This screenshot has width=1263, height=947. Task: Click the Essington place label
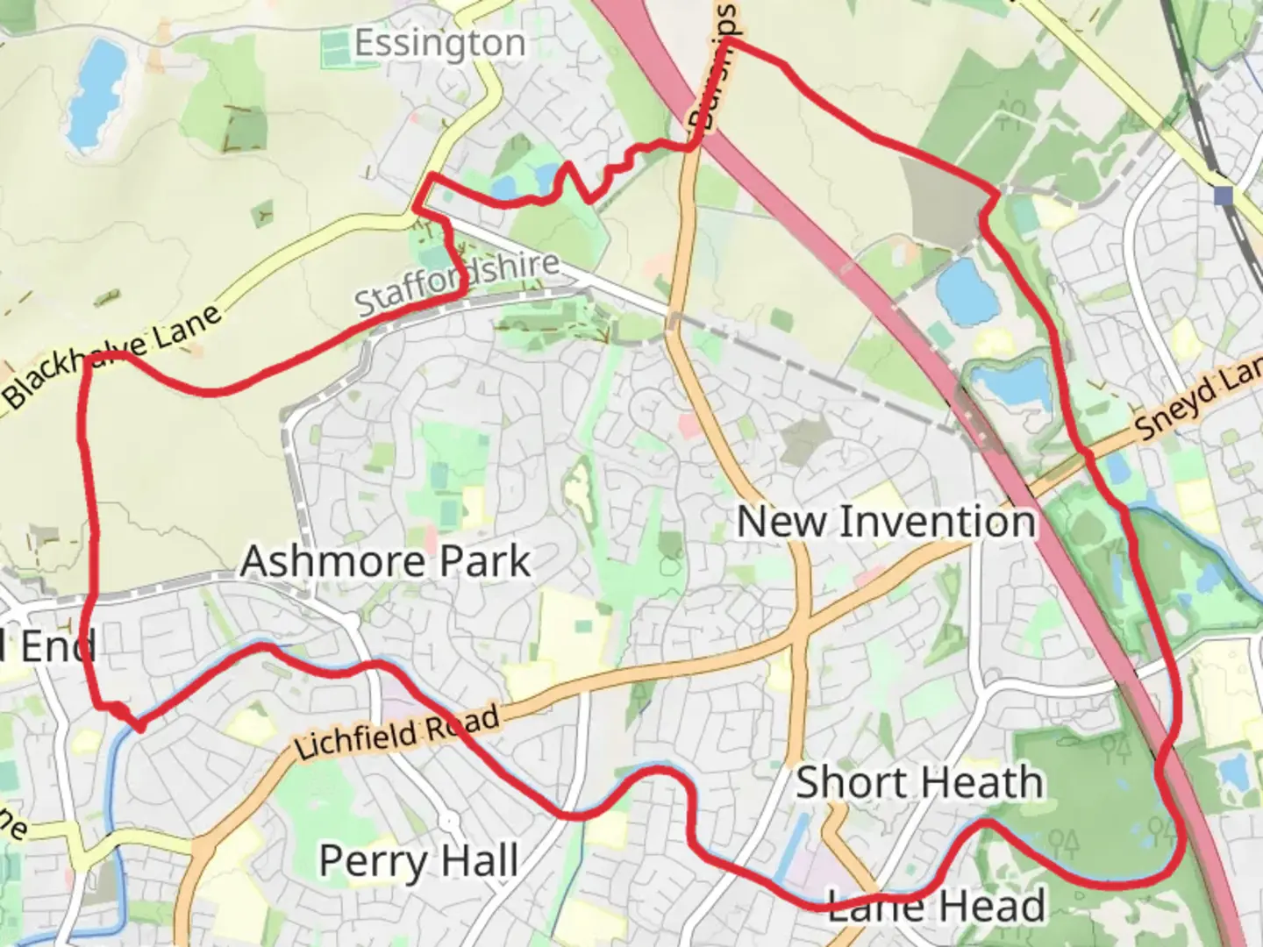click(x=439, y=44)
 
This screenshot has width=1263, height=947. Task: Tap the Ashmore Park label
click(x=385, y=561)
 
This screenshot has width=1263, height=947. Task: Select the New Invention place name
click(x=886, y=523)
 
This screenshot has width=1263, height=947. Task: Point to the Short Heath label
click(x=919, y=782)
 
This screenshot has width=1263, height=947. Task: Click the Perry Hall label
click(x=418, y=861)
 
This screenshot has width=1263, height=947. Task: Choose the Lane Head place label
click(x=937, y=906)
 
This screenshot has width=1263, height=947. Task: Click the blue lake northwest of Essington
click(x=96, y=93)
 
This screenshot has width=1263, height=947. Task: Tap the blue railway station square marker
click(x=1224, y=195)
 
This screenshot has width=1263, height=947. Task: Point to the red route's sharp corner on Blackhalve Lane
click(x=86, y=360)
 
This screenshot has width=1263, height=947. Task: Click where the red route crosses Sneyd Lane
click(x=1086, y=454)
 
